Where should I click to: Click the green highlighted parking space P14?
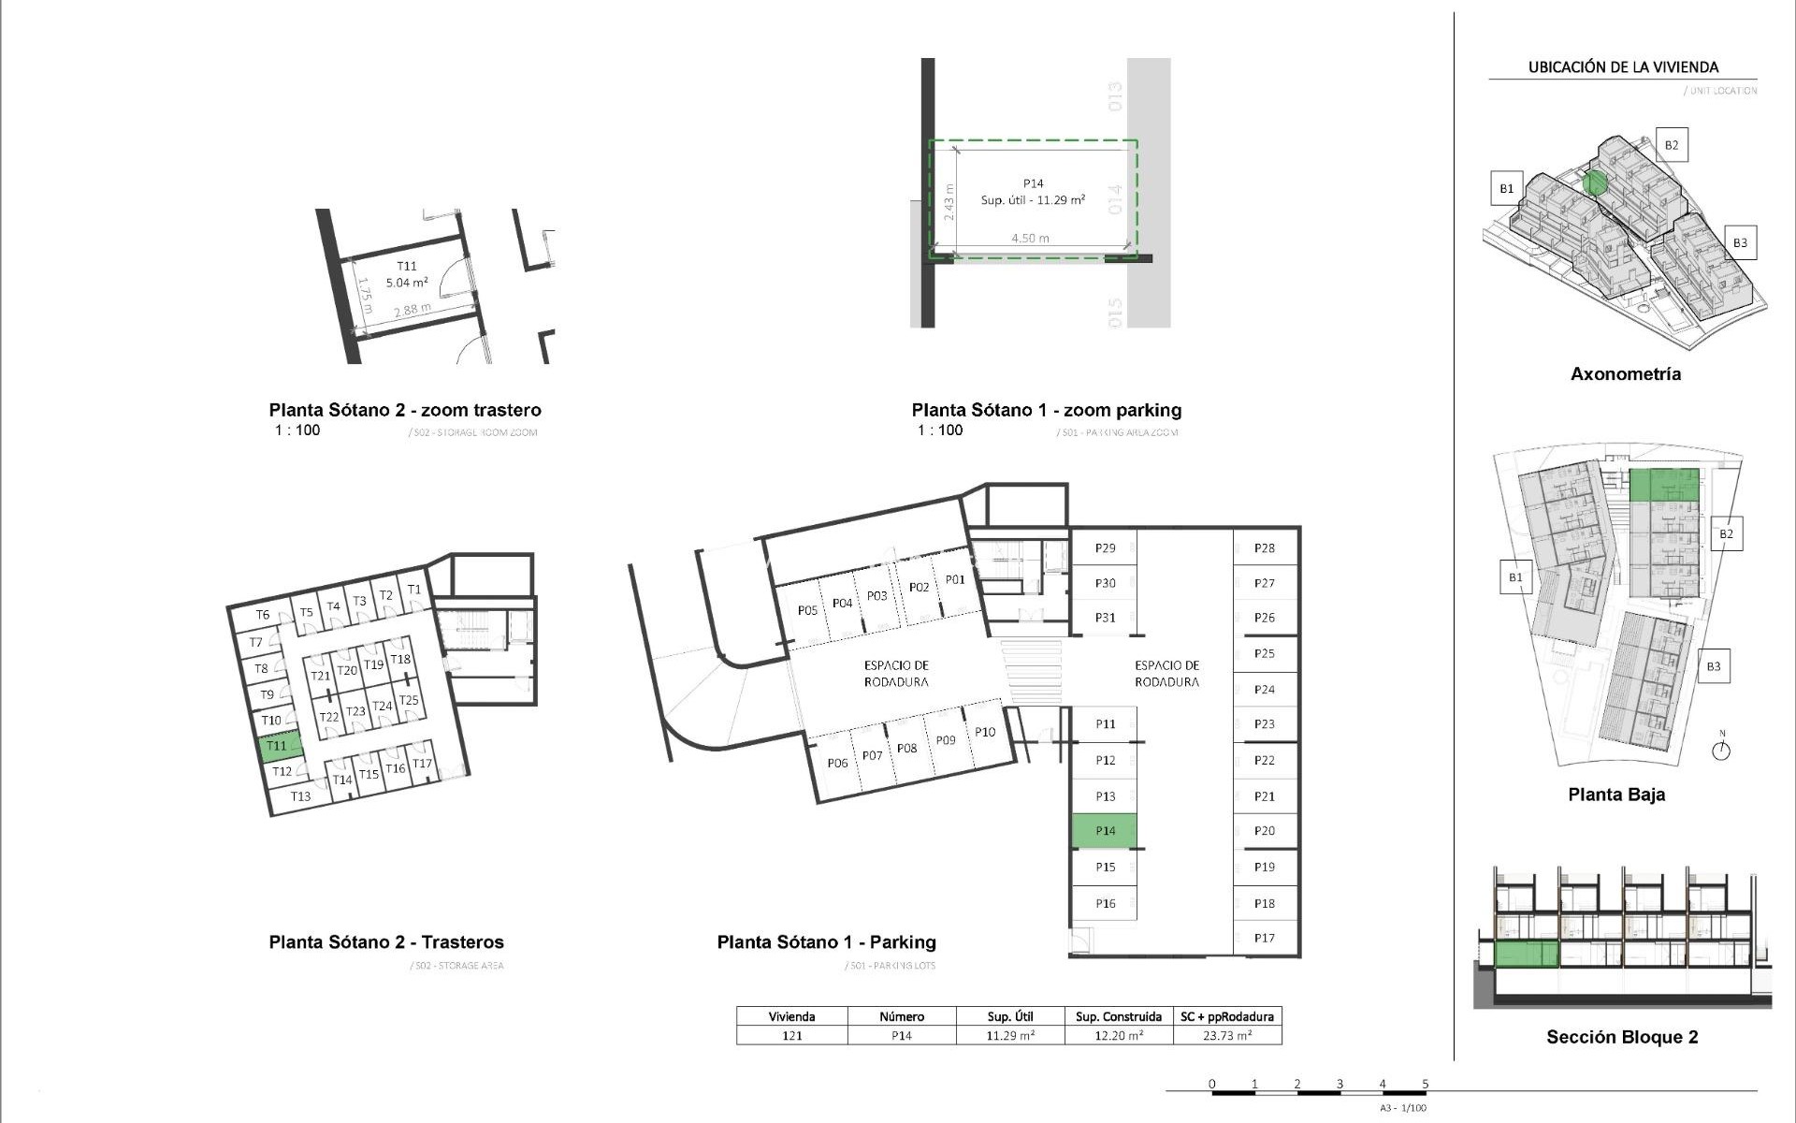click(x=1104, y=831)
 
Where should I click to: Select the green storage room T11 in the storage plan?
click(x=279, y=747)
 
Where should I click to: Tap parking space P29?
click(x=1105, y=548)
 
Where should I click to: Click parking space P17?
click(x=1264, y=938)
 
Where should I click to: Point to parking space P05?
click(x=807, y=610)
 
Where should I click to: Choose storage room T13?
click(x=299, y=796)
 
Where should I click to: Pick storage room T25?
click(x=409, y=700)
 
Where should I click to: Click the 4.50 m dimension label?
click(x=1029, y=239)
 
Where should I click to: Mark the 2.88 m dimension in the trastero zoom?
click(x=413, y=309)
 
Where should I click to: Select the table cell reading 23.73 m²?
click(x=1226, y=1036)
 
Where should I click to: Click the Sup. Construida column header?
click(x=1118, y=1016)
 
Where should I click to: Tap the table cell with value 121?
click(x=791, y=1036)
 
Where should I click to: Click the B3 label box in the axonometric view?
click(x=1739, y=242)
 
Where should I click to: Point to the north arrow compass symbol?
click(x=1721, y=750)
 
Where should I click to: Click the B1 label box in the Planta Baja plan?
click(x=1514, y=577)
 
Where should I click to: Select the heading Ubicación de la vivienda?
click(x=1622, y=67)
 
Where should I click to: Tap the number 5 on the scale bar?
click(x=1425, y=1084)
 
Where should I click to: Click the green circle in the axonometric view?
click(x=1595, y=183)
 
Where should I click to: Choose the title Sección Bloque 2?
click(x=1621, y=1037)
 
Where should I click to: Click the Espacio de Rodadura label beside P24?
click(x=1166, y=674)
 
